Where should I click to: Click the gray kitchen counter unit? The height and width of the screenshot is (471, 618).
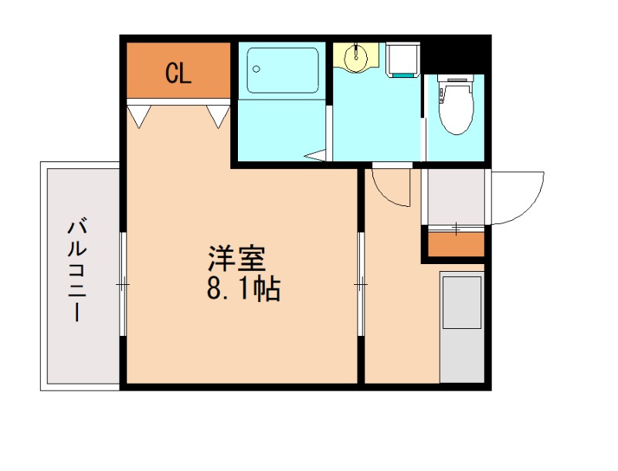pyautogui.click(x=462, y=325)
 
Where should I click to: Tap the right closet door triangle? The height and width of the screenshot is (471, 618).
pyautogui.click(x=218, y=115)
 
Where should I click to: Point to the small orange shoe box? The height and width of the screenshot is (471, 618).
pyautogui.click(x=455, y=245)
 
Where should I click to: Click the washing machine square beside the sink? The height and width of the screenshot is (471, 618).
pyautogui.click(x=402, y=59)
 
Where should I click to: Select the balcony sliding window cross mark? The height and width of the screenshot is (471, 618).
pyautogui.click(x=123, y=285)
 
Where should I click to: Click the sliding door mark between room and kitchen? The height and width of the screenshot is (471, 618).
pyautogui.click(x=361, y=285)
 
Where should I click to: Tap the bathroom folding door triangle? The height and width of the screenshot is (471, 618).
pyautogui.click(x=316, y=156)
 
